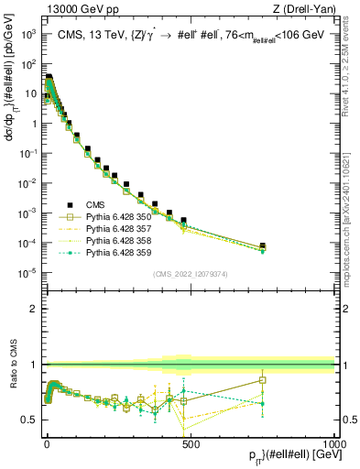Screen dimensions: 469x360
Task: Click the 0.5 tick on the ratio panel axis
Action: [x=29, y=420]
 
